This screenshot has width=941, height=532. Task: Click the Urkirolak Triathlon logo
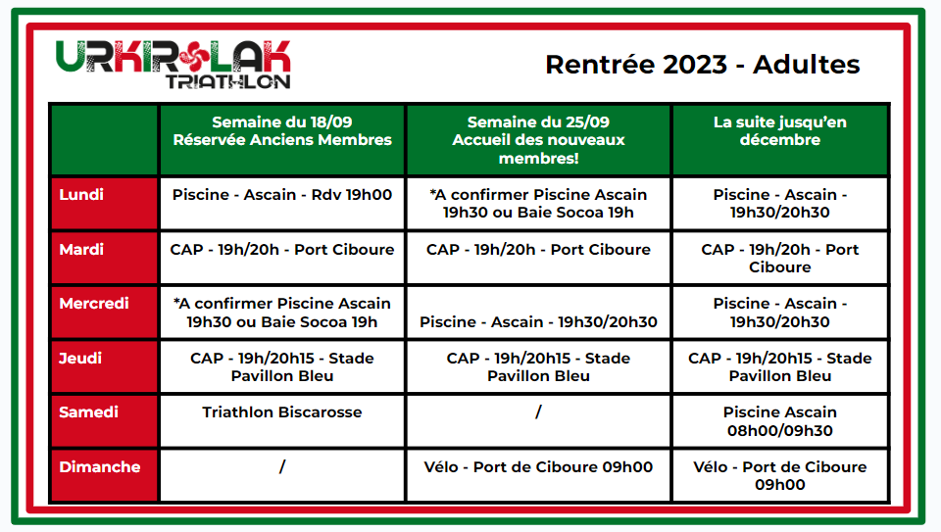coord(173,65)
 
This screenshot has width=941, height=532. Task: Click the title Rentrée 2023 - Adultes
coord(702,65)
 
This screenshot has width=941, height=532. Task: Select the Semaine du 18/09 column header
coord(282,130)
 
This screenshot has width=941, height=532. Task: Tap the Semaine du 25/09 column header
coord(538,140)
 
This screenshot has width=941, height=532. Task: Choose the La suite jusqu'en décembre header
coord(779,130)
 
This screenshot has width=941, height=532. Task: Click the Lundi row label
coord(81,194)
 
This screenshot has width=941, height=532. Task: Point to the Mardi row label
coord(81,249)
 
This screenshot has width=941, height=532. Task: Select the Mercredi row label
coord(94,304)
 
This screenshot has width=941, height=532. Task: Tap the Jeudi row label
coord(80,358)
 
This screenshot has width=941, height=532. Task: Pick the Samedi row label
coord(88,412)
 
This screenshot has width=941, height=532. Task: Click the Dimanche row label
coord(100,466)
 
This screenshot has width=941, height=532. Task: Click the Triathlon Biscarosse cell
coord(282,412)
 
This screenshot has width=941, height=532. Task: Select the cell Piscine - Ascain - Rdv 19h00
coord(282,194)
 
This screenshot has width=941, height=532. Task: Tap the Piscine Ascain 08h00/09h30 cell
coord(779,421)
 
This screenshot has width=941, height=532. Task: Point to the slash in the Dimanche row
coord(282,466)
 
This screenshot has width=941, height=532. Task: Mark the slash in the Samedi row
coord(538,412)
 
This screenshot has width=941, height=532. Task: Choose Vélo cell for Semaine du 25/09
coord(538,466)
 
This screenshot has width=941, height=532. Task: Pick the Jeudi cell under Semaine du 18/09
coord(282,367)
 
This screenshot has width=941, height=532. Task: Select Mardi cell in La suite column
coord(779,258)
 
